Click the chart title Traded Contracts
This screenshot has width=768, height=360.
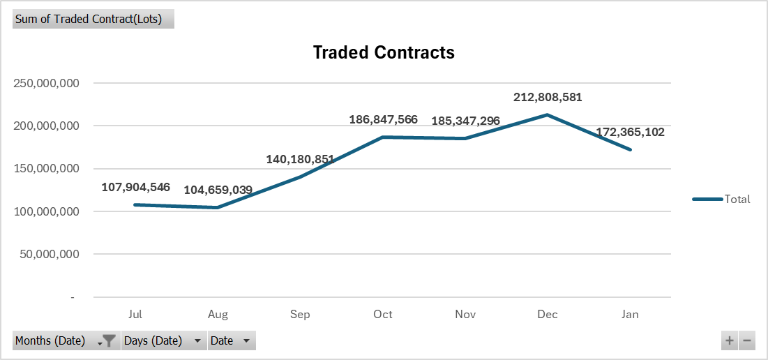click(x=384, y=52)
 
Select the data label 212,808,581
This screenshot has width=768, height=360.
click(x=548, y=98)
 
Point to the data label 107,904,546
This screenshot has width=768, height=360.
click(x=135, y=187)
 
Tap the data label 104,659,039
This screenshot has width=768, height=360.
click(x=218, y=190)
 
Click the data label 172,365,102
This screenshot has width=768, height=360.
click(x=630, y=132)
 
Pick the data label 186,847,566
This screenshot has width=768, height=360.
click(x=383, y=119)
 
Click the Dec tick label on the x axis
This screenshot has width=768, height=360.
click(x=548, y=315)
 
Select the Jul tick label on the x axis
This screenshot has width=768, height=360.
click(x=135, y=315)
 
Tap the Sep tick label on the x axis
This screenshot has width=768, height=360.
click(x=300, y=315)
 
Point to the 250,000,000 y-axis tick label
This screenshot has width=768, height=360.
click(x=46, y=84)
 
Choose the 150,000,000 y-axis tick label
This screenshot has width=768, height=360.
click(x=46, y=169)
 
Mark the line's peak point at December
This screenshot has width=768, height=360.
click(x=548, y=114)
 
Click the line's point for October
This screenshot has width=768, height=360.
click(x=383, y=137)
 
